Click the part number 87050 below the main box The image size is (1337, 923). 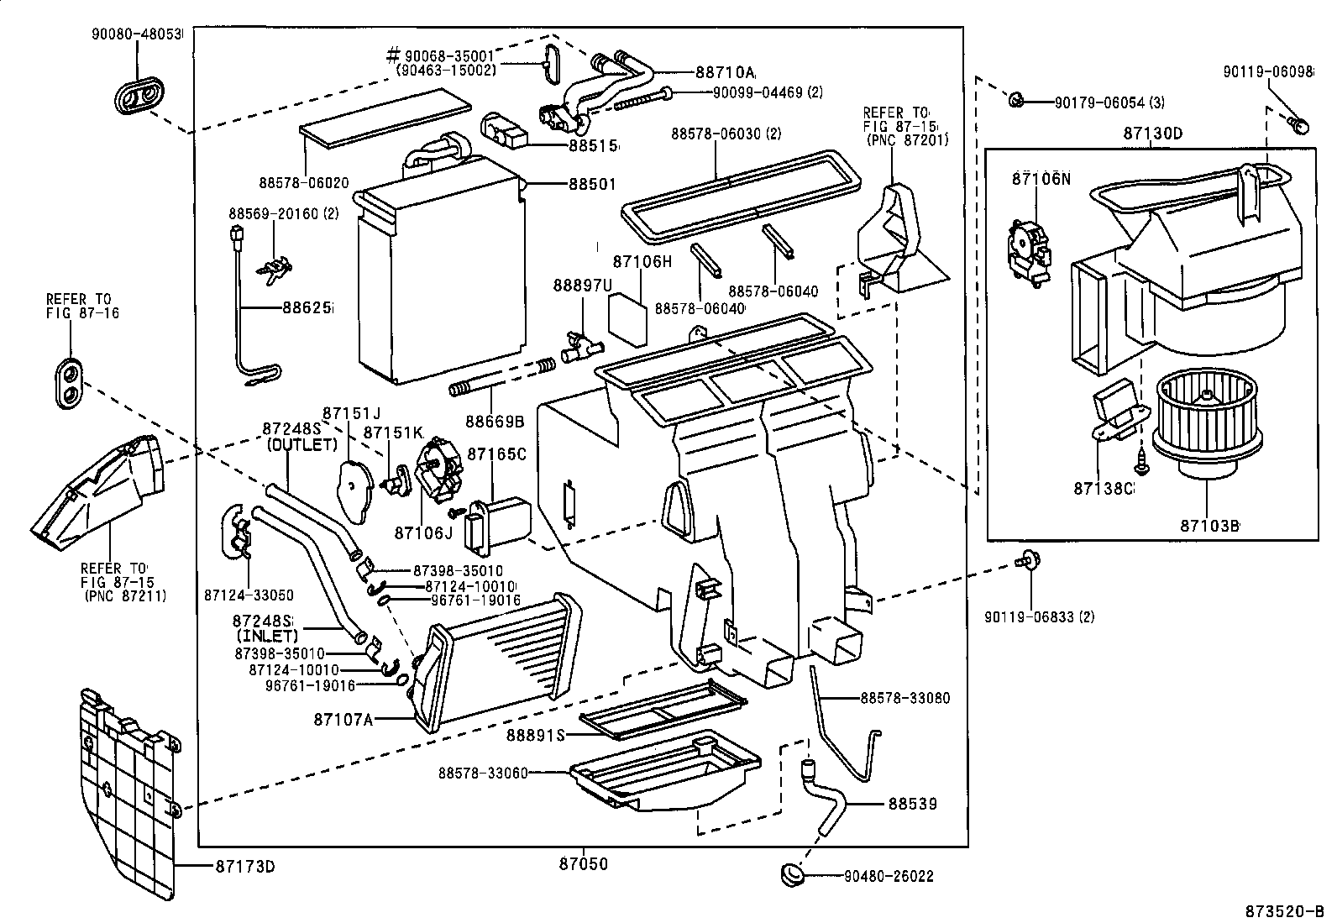point(584,863)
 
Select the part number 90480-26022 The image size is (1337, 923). point(889,877)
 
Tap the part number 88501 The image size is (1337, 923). point(592,184)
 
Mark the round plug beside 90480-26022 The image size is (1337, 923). point(793,873)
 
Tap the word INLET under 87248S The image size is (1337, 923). point(270,637)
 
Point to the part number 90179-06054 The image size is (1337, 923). point(1098,102)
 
